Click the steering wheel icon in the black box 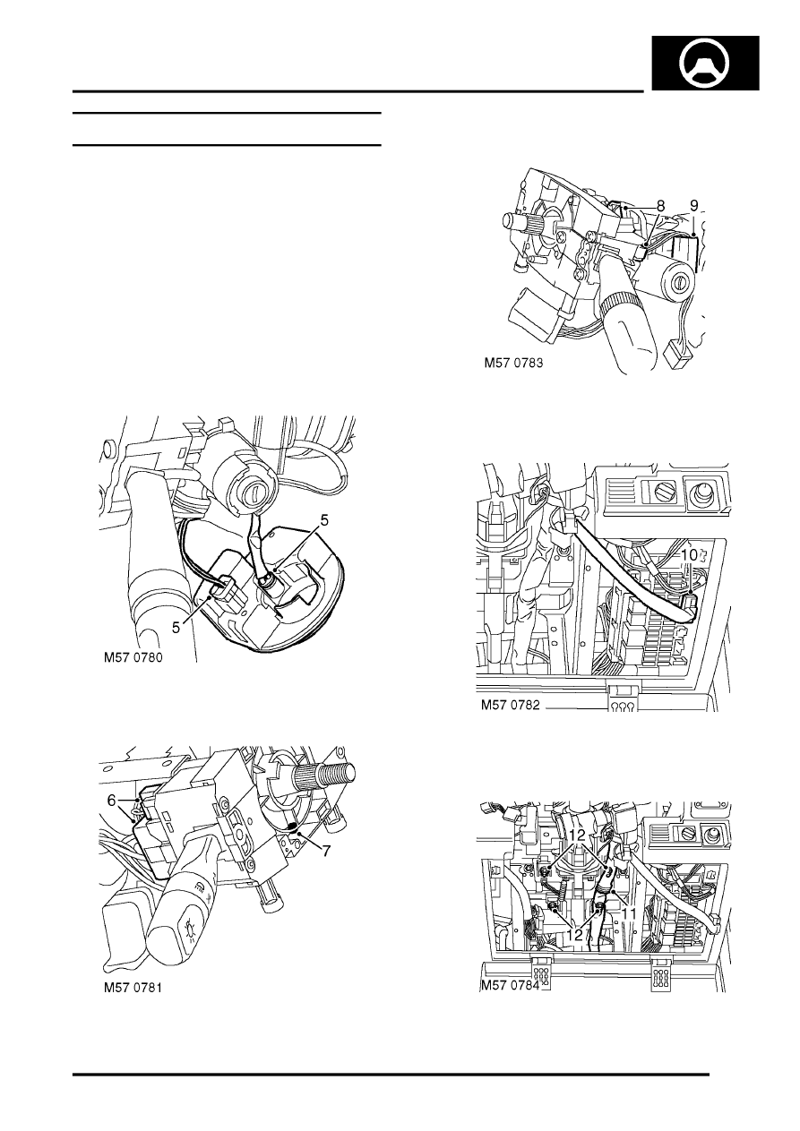704,64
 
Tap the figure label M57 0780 133,658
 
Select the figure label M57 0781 133,988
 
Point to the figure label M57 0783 513,364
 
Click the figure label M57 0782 510,705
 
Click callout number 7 326,852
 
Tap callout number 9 694,206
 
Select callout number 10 689,555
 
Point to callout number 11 628,913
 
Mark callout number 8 660,206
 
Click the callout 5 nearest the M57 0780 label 176,628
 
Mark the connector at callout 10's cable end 688,604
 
